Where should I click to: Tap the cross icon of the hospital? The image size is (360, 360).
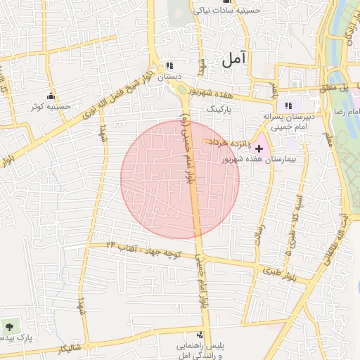(x=259, y=148)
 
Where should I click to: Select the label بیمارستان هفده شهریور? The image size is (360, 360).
(x=270, y=160)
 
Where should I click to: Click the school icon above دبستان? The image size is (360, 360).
(x=168, y=64)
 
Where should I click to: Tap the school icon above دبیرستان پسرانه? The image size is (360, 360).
(x=288, y=105)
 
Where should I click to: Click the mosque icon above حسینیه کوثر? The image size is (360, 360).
(x=50, y=96)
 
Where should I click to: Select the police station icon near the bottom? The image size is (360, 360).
(x=200, y=335)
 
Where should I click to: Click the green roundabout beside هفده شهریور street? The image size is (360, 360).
(x=184, y=88)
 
